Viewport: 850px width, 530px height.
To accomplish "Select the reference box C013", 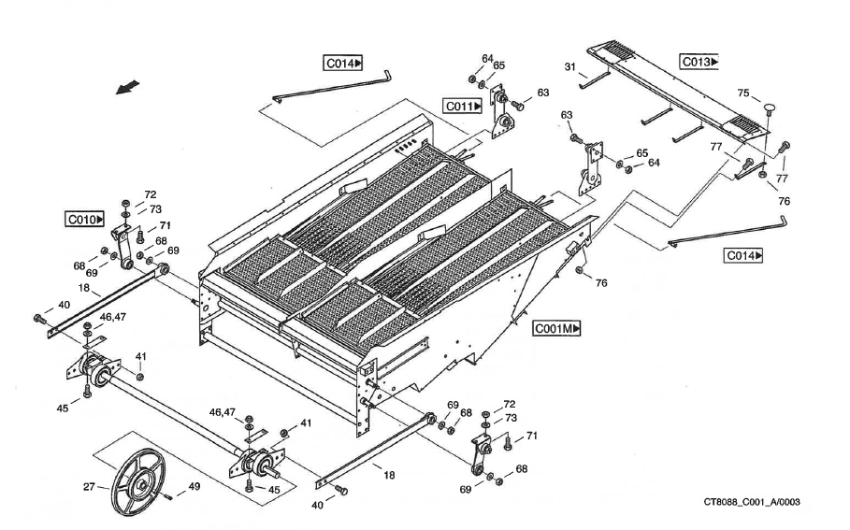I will click(699, 62).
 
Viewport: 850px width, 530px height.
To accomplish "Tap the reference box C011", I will click(462, 107).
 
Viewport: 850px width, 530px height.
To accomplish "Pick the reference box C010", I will click(83, 220).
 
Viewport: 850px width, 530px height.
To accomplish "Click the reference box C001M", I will click(557, 329).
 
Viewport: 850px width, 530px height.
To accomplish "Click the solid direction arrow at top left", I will click(128, 87).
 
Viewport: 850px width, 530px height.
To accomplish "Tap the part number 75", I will click(742, 93).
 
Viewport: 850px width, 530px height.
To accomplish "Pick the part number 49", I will click(194, 486).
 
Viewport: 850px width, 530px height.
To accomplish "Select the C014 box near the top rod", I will click(343, 64).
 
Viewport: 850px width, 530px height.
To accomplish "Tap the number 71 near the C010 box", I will click(165, 226).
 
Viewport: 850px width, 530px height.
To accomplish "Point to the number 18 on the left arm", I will click(84, 290).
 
